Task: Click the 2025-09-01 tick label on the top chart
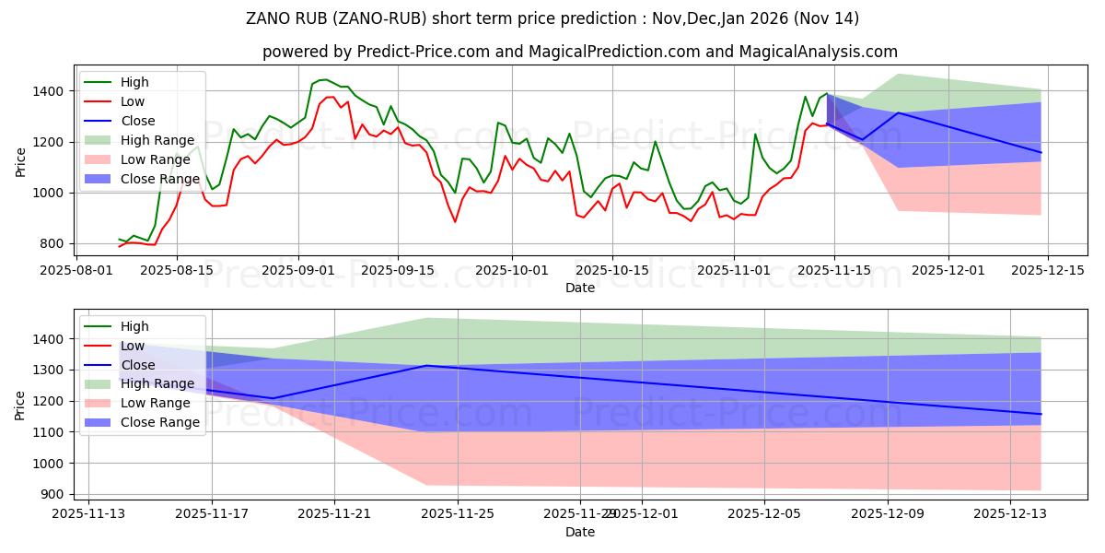click(x=298, y=270)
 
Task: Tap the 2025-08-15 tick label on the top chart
click(x=178, y=270)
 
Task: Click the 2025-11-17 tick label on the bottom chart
click(x=212, y=514)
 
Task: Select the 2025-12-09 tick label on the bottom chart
click(x=888, y=514)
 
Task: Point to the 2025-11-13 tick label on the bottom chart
click(x=88, y=514)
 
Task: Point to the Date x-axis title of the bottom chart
click(x=580, y=532)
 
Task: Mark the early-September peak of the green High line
click(x=323, y=79)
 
